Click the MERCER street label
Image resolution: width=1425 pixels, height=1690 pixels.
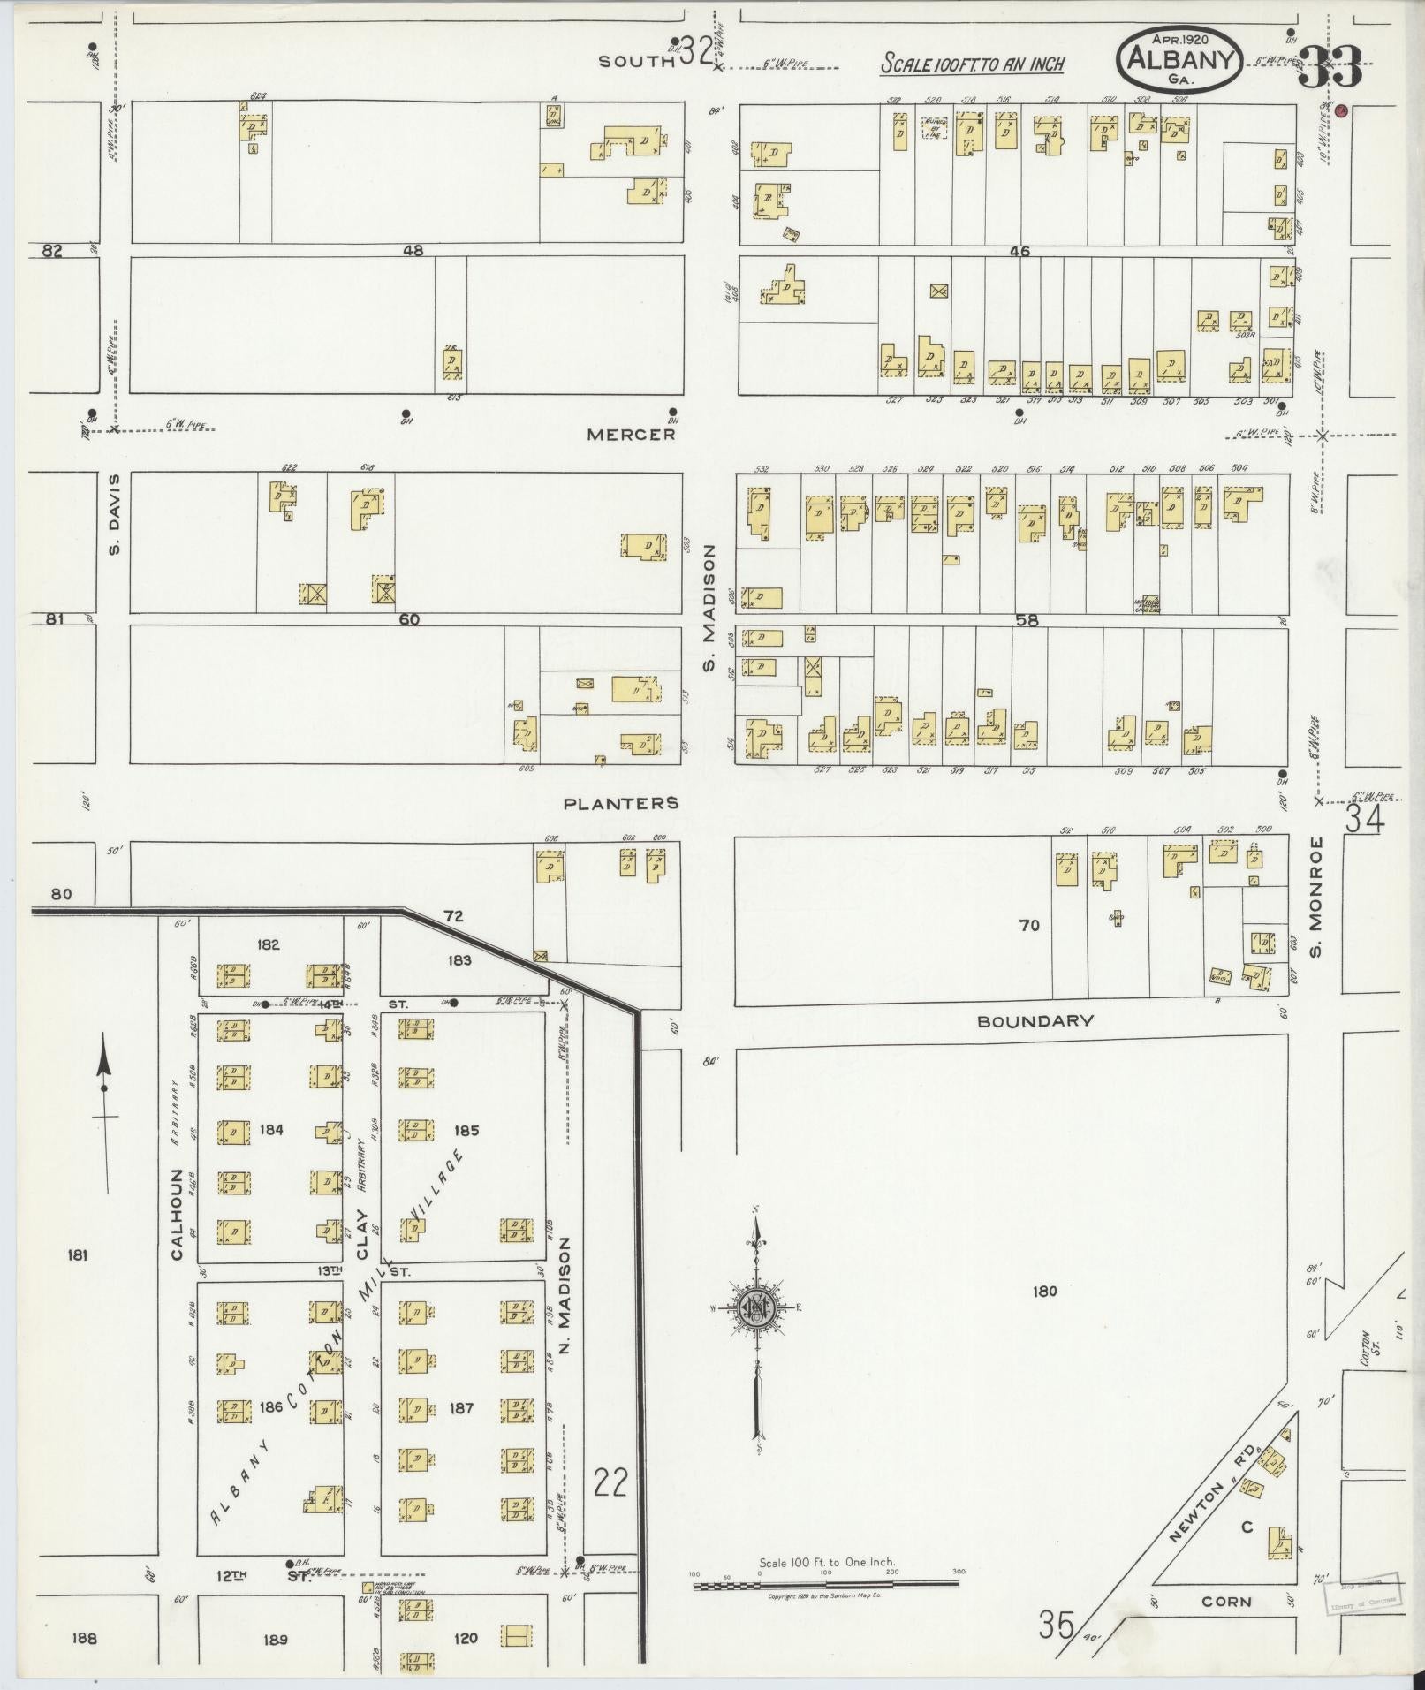click(631, 435)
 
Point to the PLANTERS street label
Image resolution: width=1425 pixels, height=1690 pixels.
click(621, 803)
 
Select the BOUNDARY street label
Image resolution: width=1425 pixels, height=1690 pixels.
click(1035, 1020)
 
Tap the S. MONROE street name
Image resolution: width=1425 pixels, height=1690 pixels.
click(1315, 897)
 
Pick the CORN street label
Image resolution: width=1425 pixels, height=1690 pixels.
click(1226, 1601)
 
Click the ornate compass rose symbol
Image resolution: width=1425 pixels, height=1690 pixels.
click(755, 1308)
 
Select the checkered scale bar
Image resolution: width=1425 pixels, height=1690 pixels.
click(825, 1586)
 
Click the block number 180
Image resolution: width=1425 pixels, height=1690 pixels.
click(1044, 1292)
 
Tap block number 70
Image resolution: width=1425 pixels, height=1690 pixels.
click(1029, 925)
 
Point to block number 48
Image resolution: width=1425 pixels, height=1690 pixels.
click(413, 251)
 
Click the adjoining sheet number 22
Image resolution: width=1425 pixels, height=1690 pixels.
click(610, 1482)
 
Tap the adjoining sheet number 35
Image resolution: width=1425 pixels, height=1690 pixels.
click(1056, 1624)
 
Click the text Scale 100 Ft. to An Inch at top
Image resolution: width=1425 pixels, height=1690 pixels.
click(972, 64)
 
